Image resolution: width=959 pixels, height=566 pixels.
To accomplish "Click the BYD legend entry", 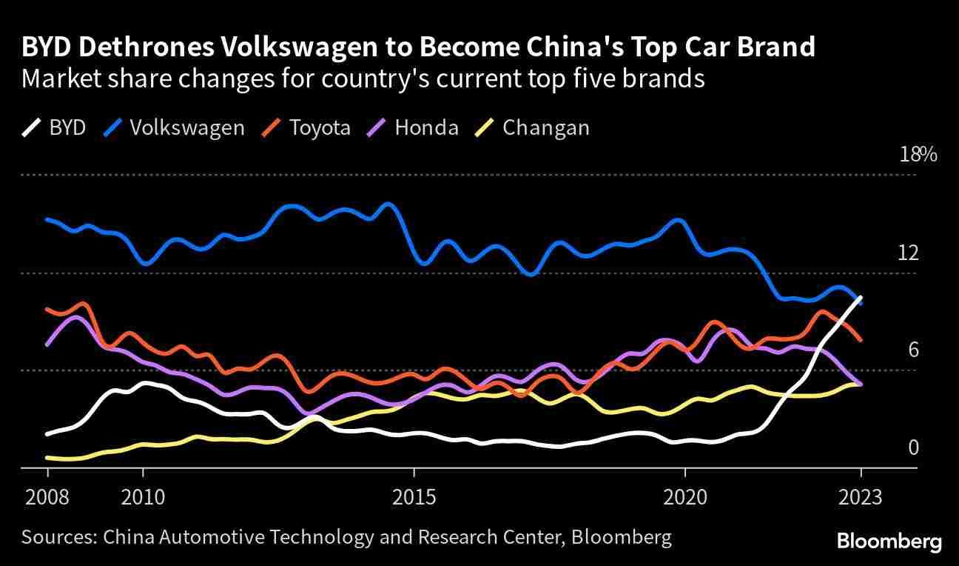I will pyautogui.click(x=54, y=128).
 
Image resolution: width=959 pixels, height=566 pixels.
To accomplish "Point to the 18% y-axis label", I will pyautogui.click(x=918, y=155).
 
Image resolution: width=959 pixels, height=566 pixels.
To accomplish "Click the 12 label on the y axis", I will pyautogui.click(x=908, y=253).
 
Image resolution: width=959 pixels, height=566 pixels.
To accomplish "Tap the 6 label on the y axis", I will pyautogui.click(x=913, y=349).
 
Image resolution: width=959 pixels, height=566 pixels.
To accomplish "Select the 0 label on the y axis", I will pyautogui.click(x=913, y=447).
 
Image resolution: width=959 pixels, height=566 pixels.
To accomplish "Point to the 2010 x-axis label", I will pyautogui.click(x=143, y=496).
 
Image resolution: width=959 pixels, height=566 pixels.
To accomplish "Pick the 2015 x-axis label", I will pyautogui.click(x=414, y=496).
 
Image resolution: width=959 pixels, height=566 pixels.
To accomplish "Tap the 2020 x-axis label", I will pyautogui.click(x=685, y=496).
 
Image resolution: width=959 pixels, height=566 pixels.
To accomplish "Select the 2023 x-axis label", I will pyautogui.click(x=861, y=496).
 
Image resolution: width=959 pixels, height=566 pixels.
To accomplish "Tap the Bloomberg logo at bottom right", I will pyautogui.click(x=889, y=542).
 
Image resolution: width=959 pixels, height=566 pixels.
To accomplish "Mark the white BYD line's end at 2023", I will pyautogui.click(x=861, y=297).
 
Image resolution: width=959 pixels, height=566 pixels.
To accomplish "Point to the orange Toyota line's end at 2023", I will pyautogui.click(x=861, y=340).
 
